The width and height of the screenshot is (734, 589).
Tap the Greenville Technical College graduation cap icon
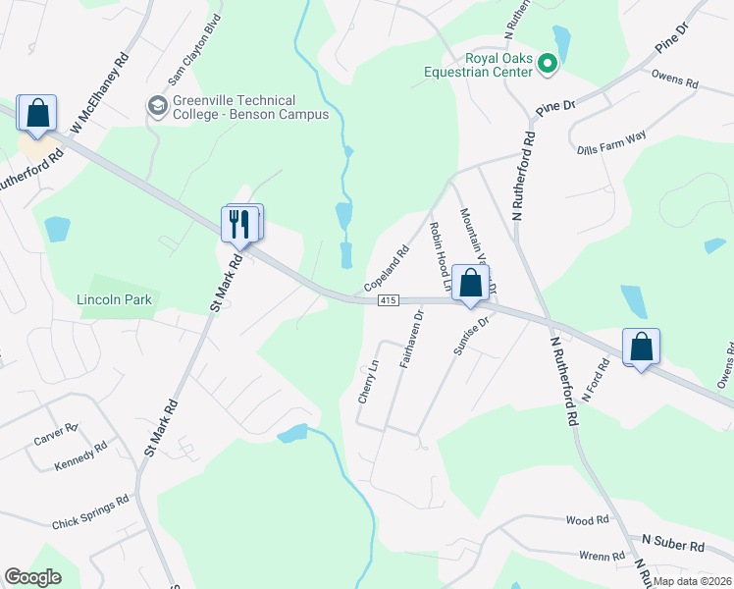pos(156,105)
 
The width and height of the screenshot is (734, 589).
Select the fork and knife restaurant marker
pos(241,224)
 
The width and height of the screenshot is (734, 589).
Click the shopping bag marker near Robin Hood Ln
pos(472,284)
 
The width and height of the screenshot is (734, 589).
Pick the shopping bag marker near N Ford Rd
pos(641,347)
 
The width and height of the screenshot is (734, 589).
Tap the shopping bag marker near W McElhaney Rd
pos(37,113)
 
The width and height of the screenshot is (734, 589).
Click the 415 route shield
pos(387,300)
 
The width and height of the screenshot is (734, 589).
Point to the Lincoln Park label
pos(115,299)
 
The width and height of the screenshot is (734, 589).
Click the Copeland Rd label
pos(386,268)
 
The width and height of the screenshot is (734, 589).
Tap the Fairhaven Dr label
pos(411,339)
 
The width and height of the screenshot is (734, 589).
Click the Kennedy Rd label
pos(80,454)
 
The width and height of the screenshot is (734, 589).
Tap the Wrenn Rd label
pos(602,556)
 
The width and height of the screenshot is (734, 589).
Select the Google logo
pos(33,577)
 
